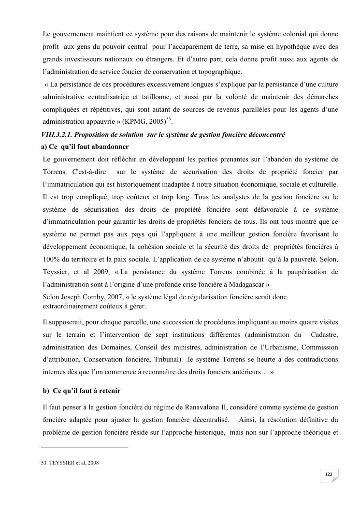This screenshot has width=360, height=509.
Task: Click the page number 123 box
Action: (329, 475)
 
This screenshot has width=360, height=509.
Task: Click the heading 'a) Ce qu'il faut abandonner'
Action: (86, 146)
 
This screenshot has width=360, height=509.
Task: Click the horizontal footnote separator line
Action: (85, 448)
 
